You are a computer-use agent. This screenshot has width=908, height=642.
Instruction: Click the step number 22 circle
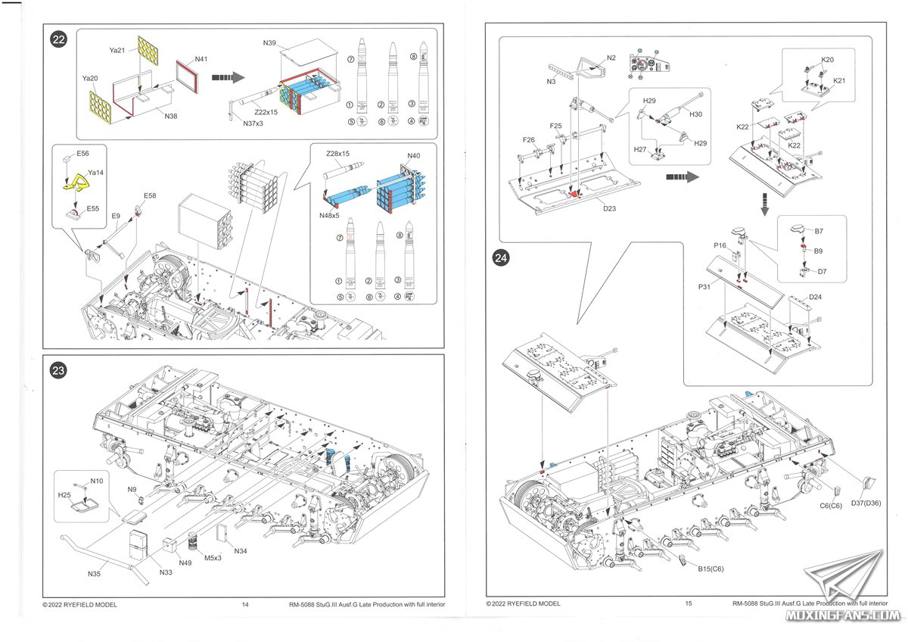tap(59, 40)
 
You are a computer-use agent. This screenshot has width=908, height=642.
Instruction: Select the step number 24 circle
tap(501, 258)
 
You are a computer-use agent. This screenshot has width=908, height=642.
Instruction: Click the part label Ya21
tap(117, 50)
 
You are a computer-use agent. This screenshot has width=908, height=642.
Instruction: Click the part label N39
tap(270, 43)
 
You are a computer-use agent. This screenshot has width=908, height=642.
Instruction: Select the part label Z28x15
tap(337, 154)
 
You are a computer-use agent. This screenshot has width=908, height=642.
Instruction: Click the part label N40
tap(413, 156)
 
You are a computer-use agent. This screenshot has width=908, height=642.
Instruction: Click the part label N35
tap(94, 575)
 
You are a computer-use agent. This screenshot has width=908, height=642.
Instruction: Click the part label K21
tap(840, 80)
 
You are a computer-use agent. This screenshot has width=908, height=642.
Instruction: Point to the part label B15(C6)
tap(711, 569)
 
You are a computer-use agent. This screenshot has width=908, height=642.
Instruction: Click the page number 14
tap(245, 604)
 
